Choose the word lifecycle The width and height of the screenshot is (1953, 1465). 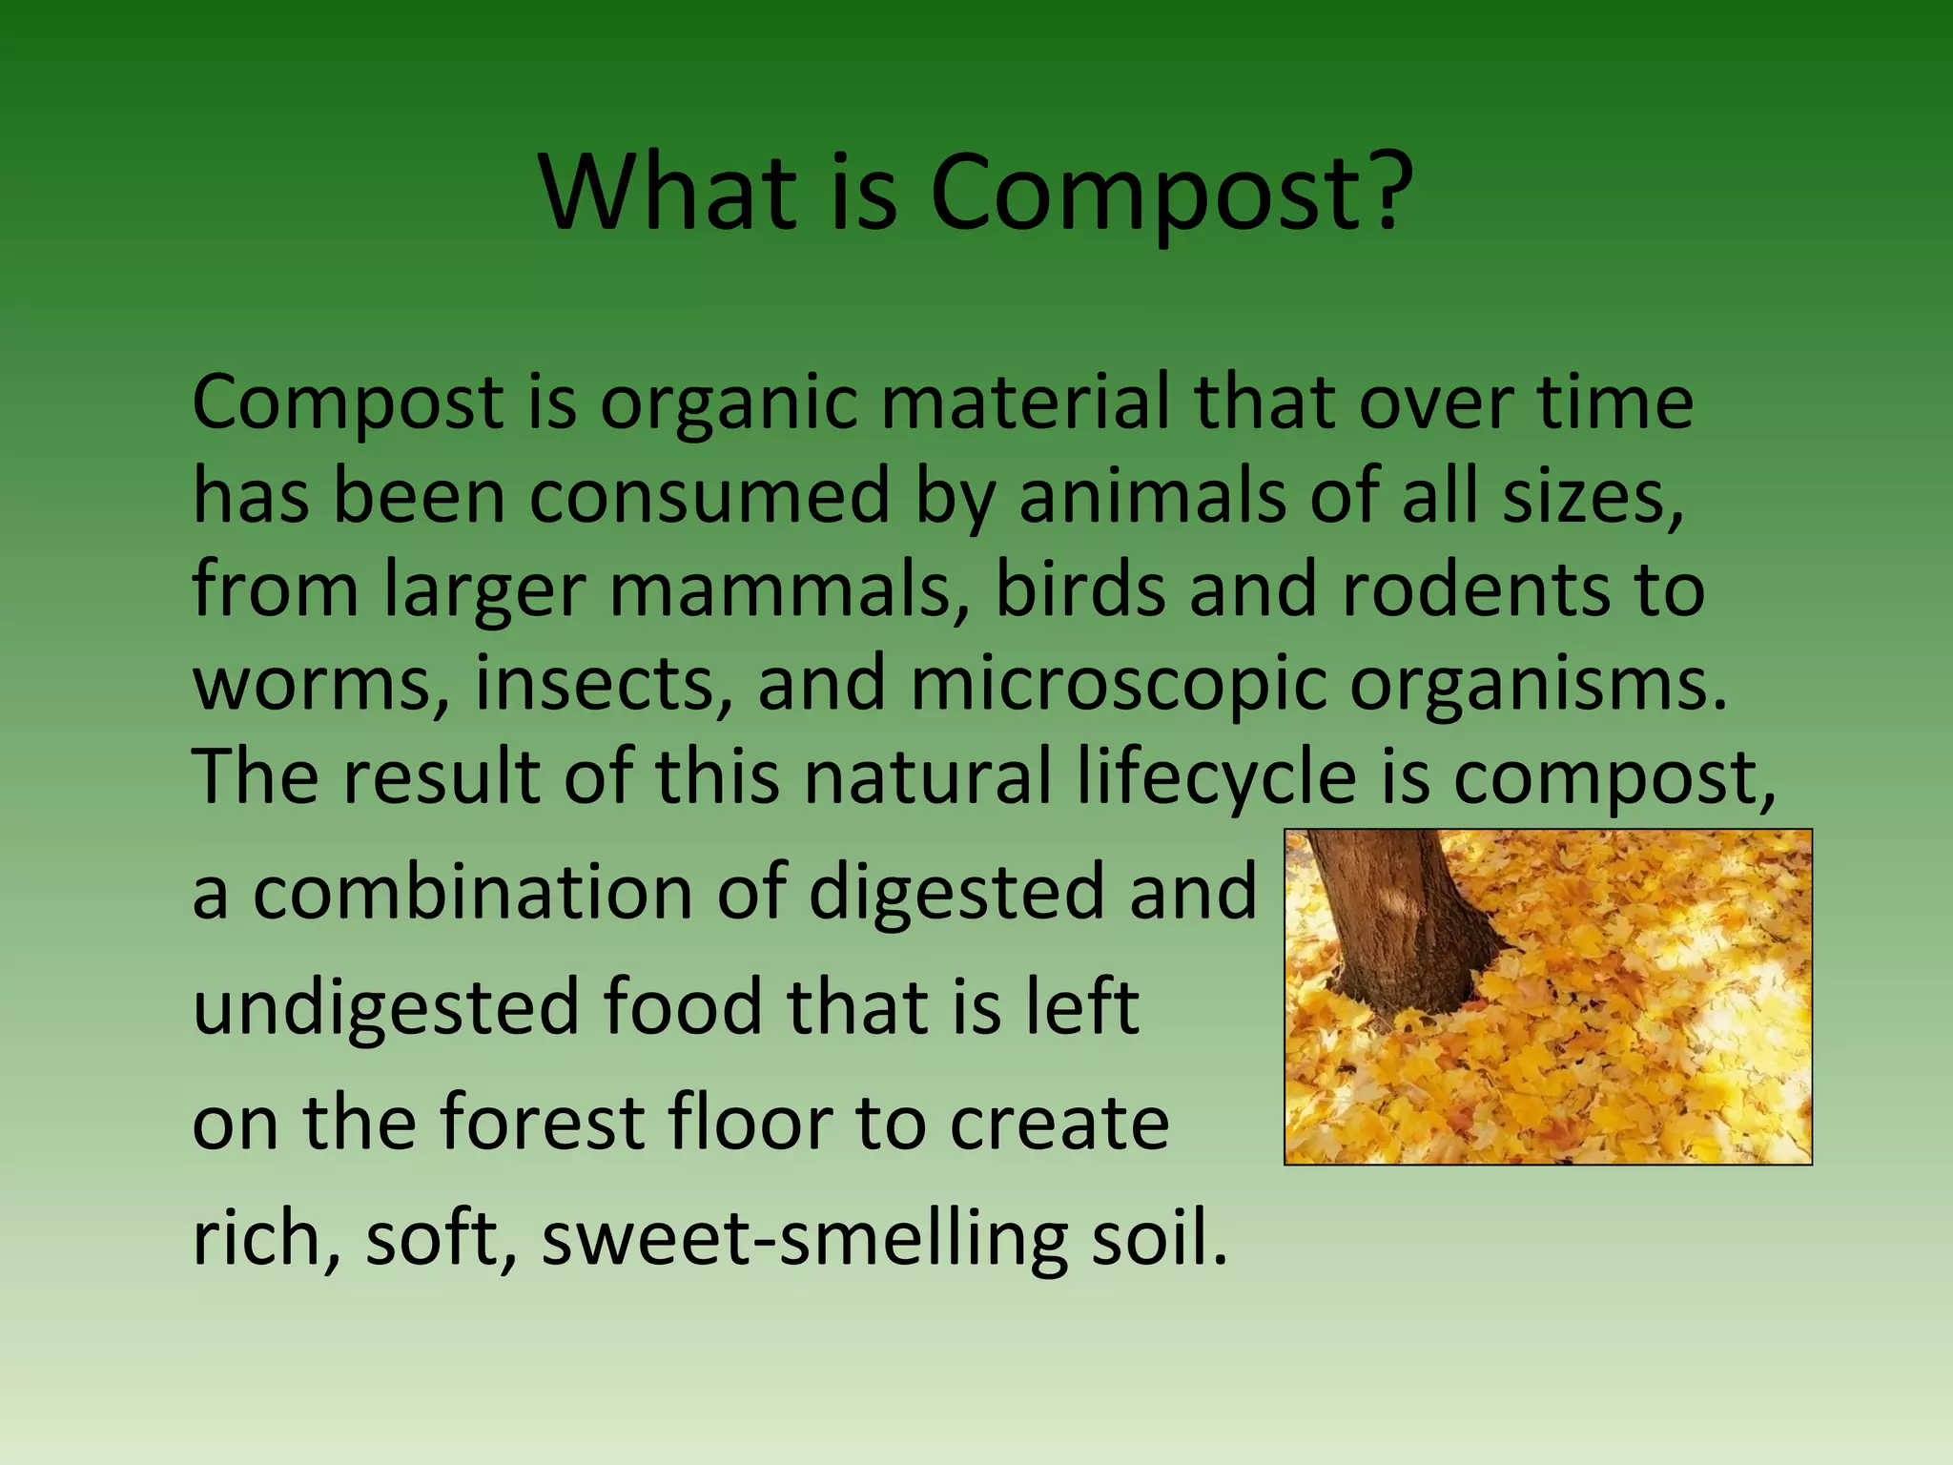pos(1216,776)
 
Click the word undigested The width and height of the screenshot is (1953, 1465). pos(386,1007)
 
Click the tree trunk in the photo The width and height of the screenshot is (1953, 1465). pos(1392,916)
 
